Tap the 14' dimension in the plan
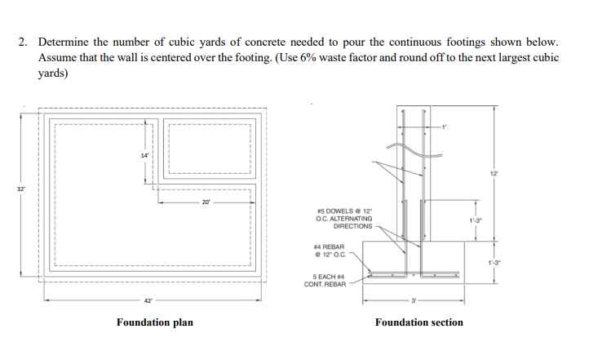pyautogui.click(x=144, y=155)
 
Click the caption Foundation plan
pyautogui.click(x=155, y=322)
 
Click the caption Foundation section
pyautogui.click(x=418, y=322)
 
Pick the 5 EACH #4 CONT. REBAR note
pyautogui.click(x=325, y=281)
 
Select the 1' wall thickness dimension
pyautogui.click(x=445, y=126)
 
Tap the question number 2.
pyautogui.click(x=24, y=41)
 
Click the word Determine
pyautogui.click(x=64, y=41)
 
